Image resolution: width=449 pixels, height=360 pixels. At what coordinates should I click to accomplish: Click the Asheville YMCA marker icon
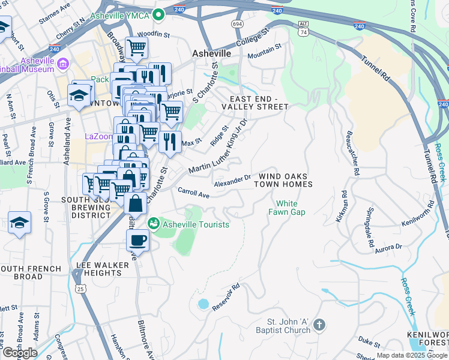pyautogui.click(x=158, y=14)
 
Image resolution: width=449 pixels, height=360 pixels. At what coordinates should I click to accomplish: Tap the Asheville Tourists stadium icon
pyautogui.click(x=153, y=224)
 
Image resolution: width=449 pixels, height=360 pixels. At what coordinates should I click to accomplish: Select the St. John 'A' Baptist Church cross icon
pyautogui.click(x=319, y=325)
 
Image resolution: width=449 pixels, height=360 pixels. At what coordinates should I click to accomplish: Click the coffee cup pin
pyautogui.click(x=137, y=240)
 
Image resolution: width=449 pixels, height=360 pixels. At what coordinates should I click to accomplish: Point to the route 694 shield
pyautogui.click(x=238, y=23)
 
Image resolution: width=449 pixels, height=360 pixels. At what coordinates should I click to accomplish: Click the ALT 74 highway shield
pyautogui.click(x=303, y=28)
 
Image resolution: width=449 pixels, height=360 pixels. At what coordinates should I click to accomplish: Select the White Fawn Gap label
pyautogui.click(x=291, y=208)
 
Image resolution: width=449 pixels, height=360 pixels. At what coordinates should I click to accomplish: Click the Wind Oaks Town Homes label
pyautogui.click(x=286, y=180)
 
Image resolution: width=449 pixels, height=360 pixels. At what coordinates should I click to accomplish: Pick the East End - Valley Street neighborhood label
pyautogui.click(x=255, y=103)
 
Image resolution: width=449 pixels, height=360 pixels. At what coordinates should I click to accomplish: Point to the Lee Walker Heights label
pyautogui.click(x=99, y=268)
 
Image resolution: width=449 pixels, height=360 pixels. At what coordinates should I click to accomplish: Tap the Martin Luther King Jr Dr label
pyautogui.click(x=218, y=148)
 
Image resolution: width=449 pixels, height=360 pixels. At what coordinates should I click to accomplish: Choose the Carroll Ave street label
pyautogui.click(x=193, y=193)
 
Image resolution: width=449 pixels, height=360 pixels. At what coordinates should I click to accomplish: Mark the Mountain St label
pyautogui.click(x=265, y=51)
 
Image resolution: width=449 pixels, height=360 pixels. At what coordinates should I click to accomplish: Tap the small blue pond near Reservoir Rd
pyautogui.click(x=203, y=304)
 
